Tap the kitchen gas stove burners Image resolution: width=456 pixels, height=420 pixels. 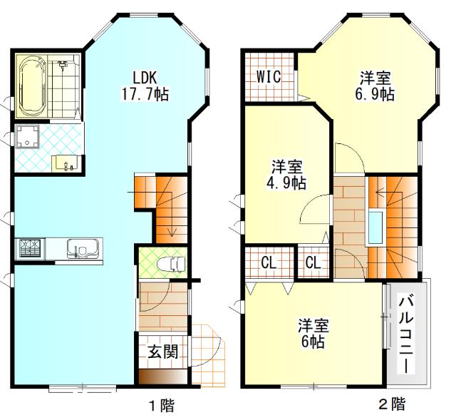pos(31,249)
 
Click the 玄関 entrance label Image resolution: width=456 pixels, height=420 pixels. pos(162,352)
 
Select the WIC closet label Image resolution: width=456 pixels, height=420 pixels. pos(270,76)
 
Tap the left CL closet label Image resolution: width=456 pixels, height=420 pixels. pos(268,262)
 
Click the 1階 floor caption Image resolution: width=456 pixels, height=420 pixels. pos(161,406)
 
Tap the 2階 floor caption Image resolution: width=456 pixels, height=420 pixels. pos(390,405)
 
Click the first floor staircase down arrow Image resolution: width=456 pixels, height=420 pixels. pos(171,227)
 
